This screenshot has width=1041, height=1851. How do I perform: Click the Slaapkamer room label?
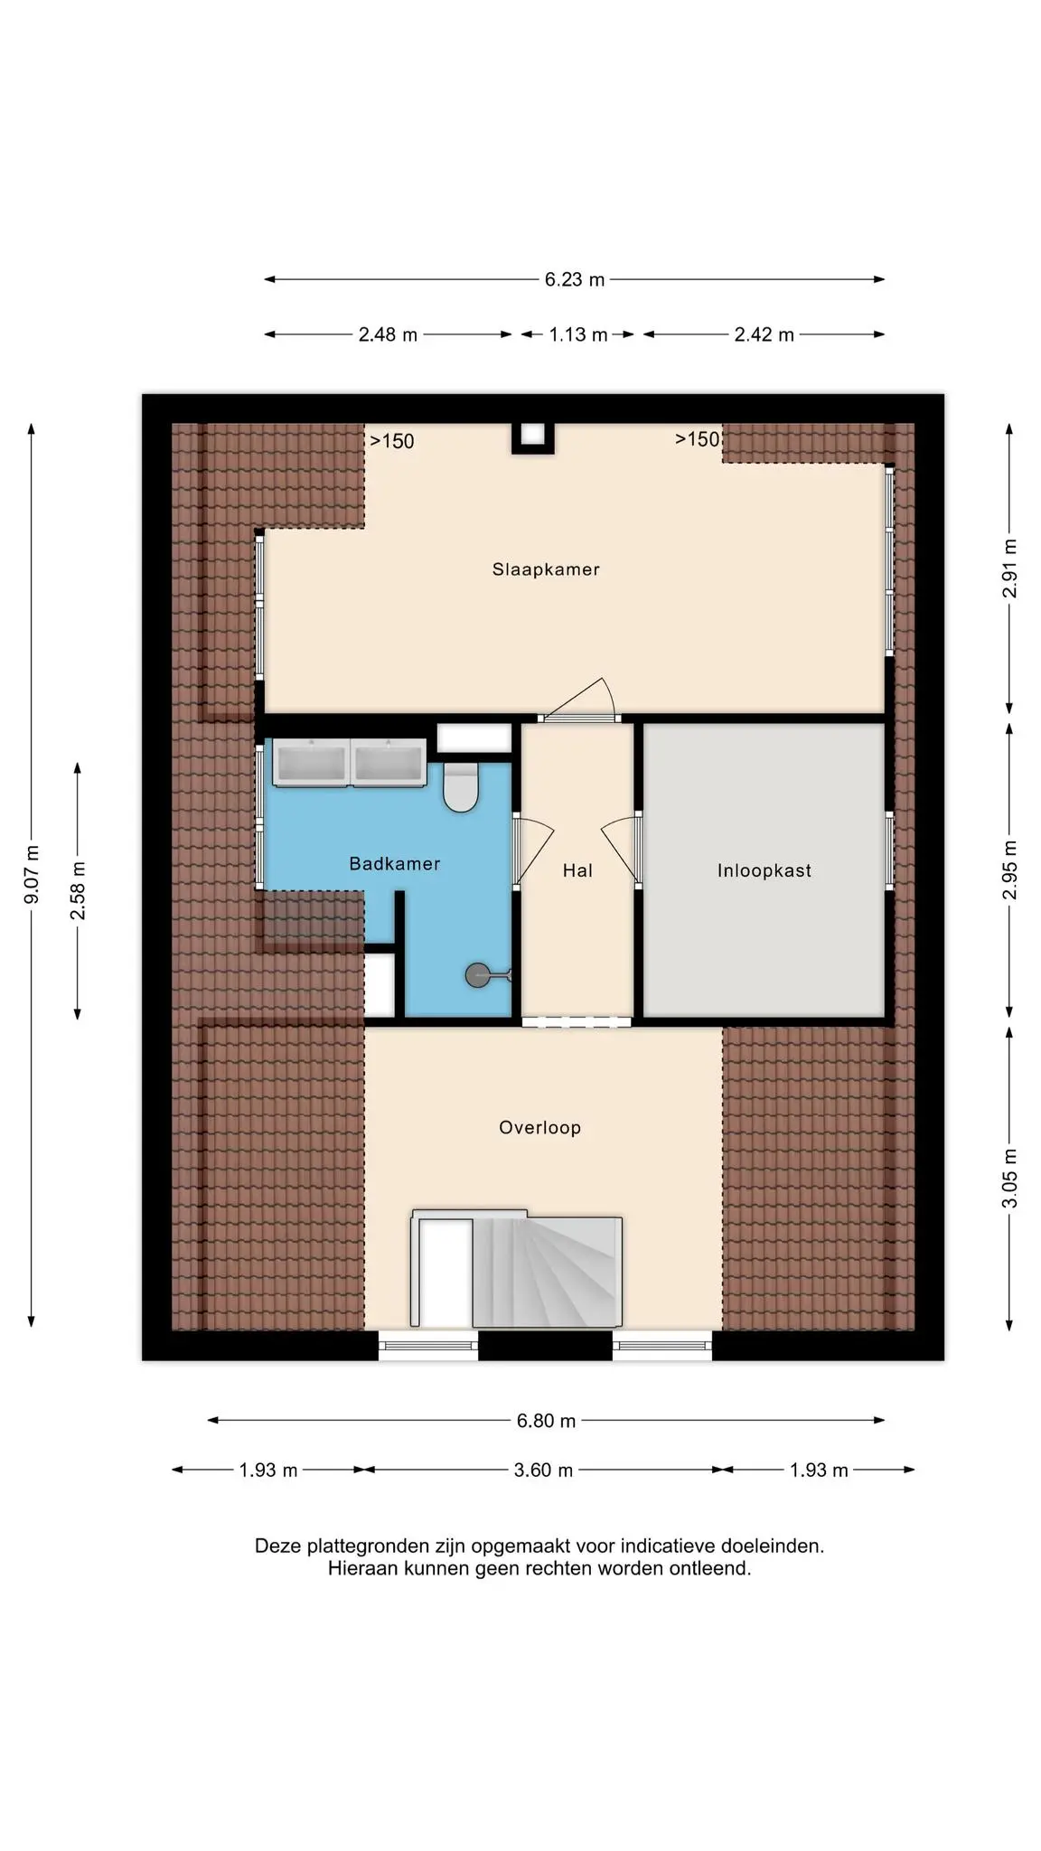(546, 569)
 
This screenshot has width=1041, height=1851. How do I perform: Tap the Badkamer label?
(395, 863)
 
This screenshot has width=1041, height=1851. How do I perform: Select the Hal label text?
(577, 870)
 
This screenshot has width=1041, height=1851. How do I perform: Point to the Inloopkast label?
(764, 870)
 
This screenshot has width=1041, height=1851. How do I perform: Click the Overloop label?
(540, 1127)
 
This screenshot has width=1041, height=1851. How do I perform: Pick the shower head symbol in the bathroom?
(487, 975)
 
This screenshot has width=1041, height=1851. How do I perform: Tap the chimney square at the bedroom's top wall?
(533, 437)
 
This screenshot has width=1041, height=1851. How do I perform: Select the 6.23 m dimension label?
(575, 280)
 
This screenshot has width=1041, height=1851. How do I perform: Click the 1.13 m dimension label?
(578, 335)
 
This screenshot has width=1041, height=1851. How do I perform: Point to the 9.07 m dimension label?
(33, 874)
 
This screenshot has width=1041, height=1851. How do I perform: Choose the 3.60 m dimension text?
(543, 1470)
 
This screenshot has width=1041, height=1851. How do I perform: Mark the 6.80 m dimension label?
(546, 1421)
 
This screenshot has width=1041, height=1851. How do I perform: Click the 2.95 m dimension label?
(1010, 869)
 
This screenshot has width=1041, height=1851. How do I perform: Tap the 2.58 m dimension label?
(79, 890)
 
